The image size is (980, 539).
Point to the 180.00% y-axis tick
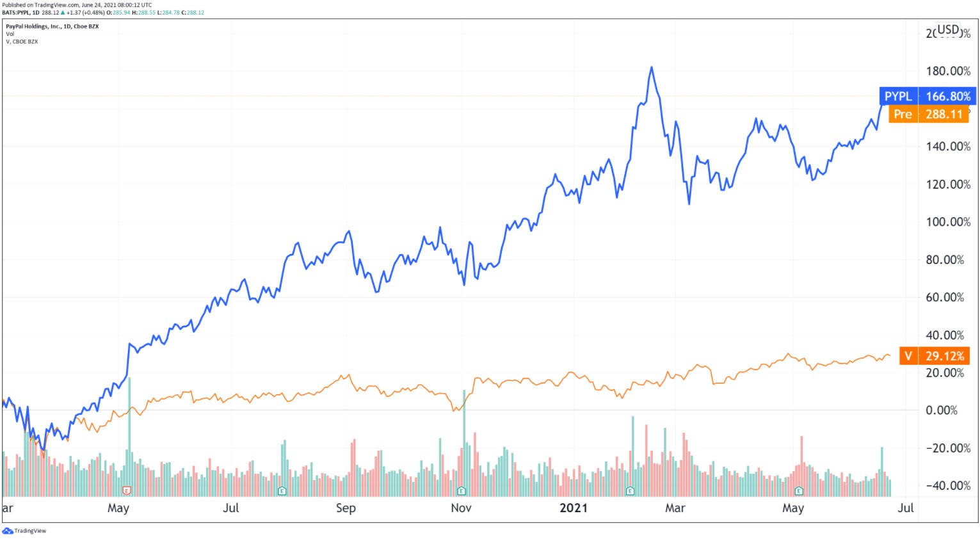948,71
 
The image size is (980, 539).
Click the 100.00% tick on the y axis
948,222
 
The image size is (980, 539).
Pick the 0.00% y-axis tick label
942,410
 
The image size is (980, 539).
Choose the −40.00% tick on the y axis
948,486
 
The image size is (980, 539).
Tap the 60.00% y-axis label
945,298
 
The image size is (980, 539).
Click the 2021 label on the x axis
574,508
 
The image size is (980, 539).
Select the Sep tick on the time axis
346,508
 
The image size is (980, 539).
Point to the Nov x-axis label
461,508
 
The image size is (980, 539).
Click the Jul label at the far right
905,508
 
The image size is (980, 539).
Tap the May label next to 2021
793,508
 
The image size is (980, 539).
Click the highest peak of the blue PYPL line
652,67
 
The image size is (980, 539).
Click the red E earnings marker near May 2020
127,490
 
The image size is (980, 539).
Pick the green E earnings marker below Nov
461,491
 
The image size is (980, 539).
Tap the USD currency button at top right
948,29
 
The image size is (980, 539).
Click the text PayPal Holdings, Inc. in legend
34,26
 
